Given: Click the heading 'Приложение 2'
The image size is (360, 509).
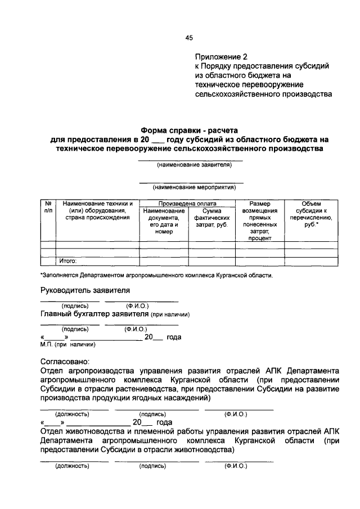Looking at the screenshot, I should [x=221, y=57].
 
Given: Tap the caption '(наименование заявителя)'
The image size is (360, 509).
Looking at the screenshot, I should [x=191, y=165].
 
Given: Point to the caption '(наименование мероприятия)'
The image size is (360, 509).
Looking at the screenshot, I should [x=191, y=186].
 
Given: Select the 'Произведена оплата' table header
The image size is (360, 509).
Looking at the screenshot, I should [x=187, y=203].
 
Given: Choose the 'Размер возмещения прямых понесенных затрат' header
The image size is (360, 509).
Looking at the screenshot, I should [x=259, y=221].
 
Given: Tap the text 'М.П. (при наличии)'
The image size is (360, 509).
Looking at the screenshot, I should [x=68, y=344].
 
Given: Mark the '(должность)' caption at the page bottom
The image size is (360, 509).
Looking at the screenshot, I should [x=71, y=466].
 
